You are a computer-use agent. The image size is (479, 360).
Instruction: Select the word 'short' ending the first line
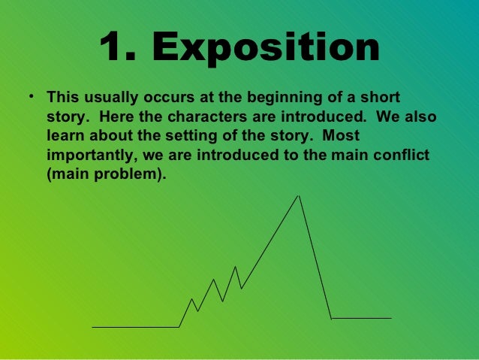381,98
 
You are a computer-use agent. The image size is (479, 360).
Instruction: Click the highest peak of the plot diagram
299,196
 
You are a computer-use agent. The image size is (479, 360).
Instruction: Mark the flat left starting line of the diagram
135,327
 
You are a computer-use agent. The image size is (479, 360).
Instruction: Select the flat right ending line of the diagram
361,318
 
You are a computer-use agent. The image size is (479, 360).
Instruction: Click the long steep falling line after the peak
315,258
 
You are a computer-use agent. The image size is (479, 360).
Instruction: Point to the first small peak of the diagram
191,299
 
